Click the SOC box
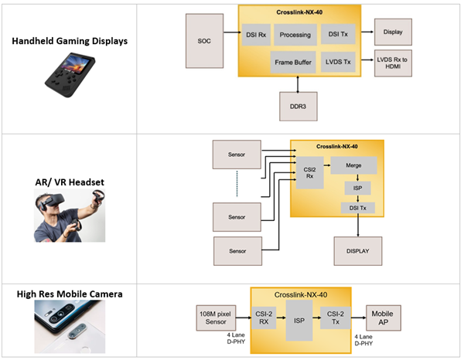click(203, 39)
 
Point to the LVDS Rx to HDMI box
click(394, 63)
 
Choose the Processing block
click(295, 34)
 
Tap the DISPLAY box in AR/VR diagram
click(357, 250)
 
